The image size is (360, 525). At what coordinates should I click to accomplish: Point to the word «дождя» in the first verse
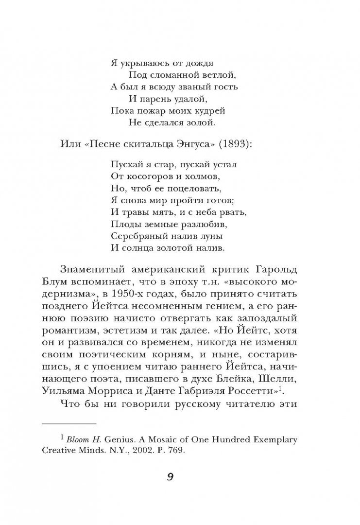coord(199,63)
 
